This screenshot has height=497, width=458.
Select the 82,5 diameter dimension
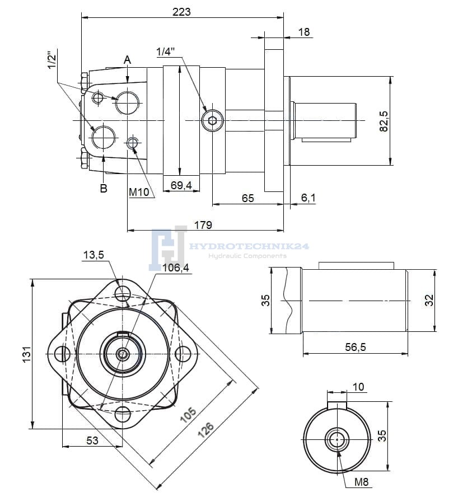(x=384, y=121)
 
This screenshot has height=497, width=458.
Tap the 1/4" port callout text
(x=166, y=51)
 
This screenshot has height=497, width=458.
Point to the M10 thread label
(x=139, y=193)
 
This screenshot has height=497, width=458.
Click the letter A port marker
(x=128, y=59)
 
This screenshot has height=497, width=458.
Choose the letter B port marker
(x=104, y=189)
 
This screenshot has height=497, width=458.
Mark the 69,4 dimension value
(x=181, y=185)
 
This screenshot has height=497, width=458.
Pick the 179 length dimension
(x=203, y=225)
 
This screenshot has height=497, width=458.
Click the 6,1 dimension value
(x=308, y=198)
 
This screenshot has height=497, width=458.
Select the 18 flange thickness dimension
(x=304, y=32)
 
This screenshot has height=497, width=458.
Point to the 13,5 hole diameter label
(x=94, y=255)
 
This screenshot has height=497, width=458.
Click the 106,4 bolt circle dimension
(x=176, y=268)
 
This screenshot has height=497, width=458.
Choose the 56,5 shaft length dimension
(x=356, y=348)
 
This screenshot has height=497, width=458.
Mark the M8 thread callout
(x=362, y=482)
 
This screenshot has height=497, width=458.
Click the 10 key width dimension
(x=358, y=386)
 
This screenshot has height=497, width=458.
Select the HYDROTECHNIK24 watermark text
(x=250, y=246)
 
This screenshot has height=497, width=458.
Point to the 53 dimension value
(x=92, y=440)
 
